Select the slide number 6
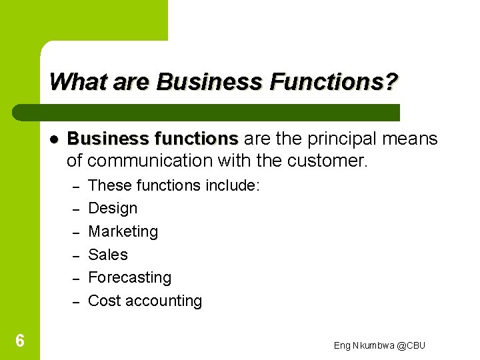click(20, 341)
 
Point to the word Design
click(113, 208)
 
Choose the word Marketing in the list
click(123, 231)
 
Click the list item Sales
click(108, 255)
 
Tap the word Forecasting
click(130, 277)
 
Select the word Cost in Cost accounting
click(103, 301)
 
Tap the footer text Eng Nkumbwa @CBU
click(379, 345)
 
